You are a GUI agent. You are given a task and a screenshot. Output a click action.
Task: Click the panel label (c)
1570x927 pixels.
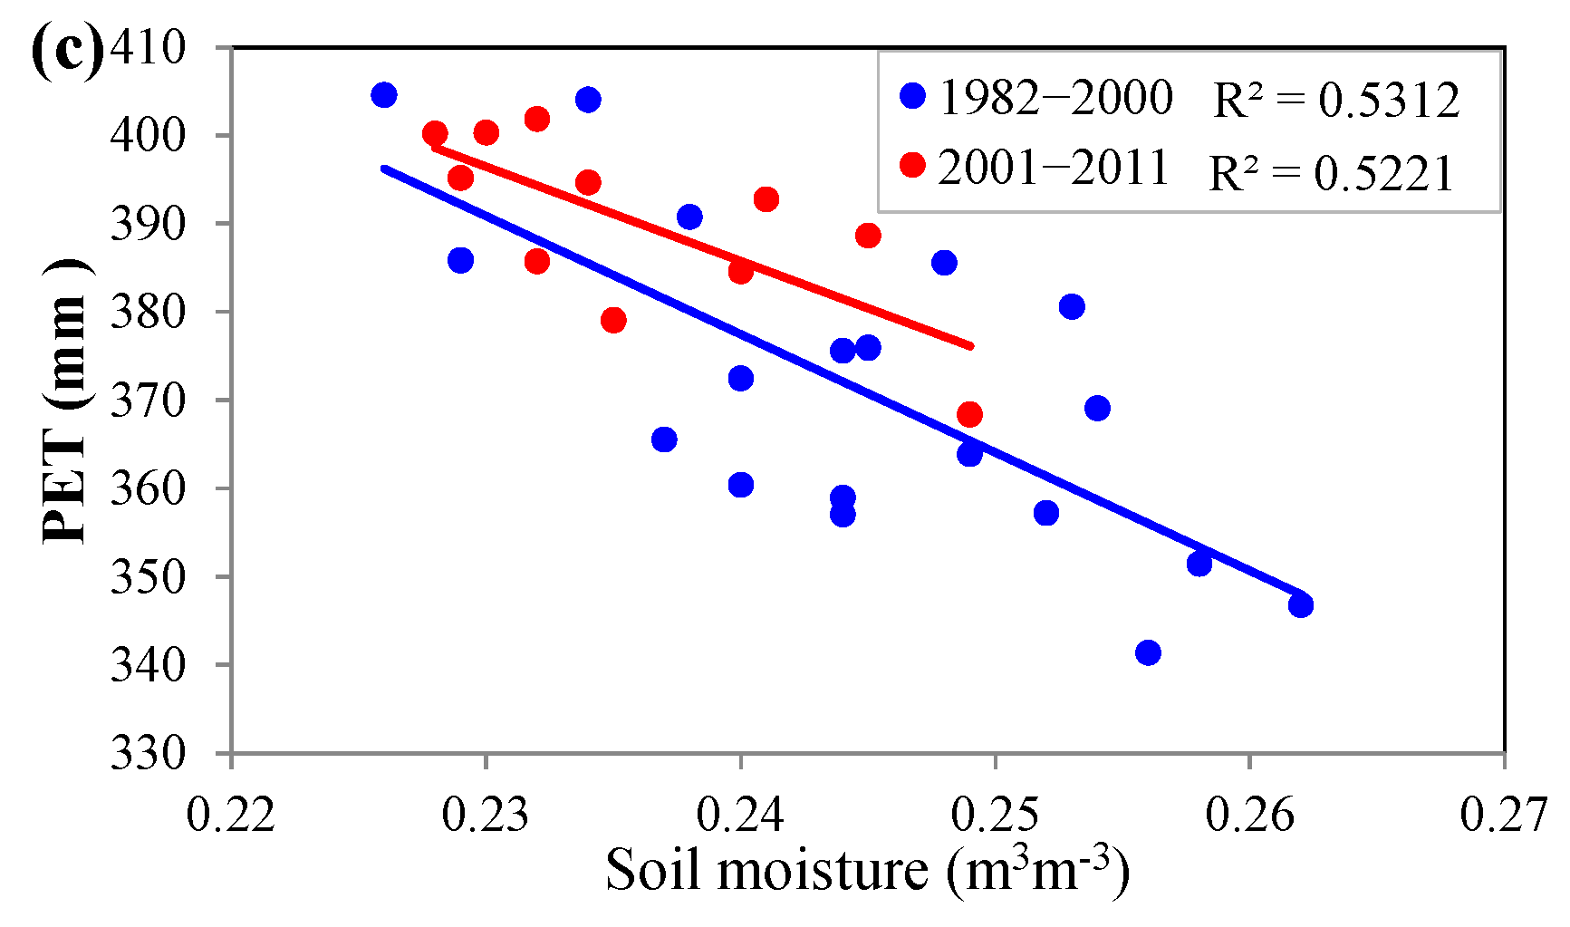click(x=65, y=50)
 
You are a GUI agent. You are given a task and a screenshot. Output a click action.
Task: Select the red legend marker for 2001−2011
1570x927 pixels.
click(x=913, y=165)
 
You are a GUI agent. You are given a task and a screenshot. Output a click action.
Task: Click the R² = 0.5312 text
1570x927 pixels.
click(x=1336, y=99)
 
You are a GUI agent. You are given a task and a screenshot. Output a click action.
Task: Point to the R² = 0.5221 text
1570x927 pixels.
click(x=1332, y=171)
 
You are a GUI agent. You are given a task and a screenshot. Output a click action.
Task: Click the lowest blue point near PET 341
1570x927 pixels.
click(x=1148, y=652)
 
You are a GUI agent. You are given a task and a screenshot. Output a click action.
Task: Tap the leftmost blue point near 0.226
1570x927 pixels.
click(x=384, y=95)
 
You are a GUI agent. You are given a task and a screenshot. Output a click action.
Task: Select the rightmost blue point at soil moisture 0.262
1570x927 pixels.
click(x=1301, y=604)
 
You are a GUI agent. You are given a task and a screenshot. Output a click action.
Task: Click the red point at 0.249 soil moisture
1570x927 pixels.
click(x=969, y=415)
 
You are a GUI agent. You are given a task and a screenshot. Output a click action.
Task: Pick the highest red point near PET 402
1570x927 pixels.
click(x=537, y=119)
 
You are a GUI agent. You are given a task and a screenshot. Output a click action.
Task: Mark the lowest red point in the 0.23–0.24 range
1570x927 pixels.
click(x=613, y=320)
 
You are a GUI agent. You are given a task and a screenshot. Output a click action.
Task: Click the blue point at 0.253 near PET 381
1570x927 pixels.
click(x=1072, y=306)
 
